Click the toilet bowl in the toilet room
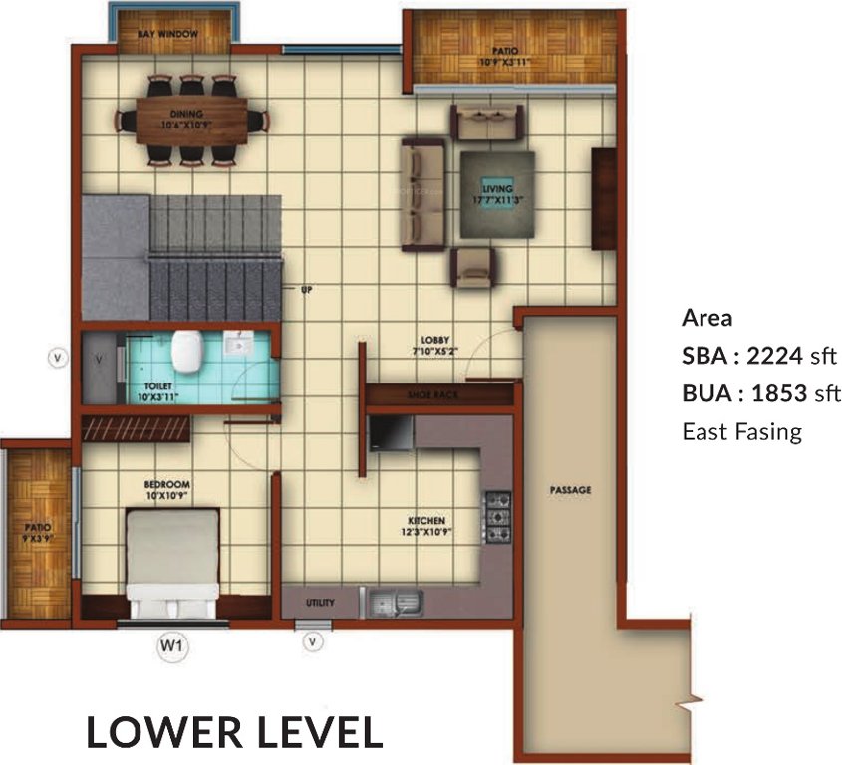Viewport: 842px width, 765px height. click(x=186, y=350)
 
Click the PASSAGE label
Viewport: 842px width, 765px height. click(x=570, y=490)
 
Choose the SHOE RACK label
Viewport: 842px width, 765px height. click(x=431, y=395)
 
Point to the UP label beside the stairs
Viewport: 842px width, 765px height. click(x=306, y=290)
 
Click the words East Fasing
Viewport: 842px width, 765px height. click(x=741, y=431)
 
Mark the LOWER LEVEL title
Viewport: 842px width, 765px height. click(x=234, y=732)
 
